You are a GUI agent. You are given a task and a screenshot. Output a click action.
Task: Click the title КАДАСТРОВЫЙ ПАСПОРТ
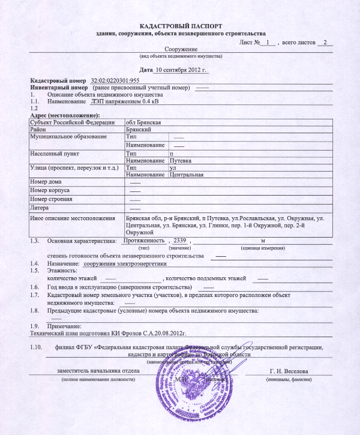[181, 26]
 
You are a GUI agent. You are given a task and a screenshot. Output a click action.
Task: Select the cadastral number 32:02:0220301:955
[115, 80]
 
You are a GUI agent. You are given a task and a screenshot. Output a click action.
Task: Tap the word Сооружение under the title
[181, 49]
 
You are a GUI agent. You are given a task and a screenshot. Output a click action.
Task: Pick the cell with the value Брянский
[138, 130]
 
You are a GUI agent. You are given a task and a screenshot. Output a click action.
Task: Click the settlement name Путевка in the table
[181, 161]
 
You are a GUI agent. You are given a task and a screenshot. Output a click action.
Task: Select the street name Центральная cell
[187, 175]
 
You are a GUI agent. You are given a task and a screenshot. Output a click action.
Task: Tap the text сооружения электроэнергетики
[124, 263]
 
